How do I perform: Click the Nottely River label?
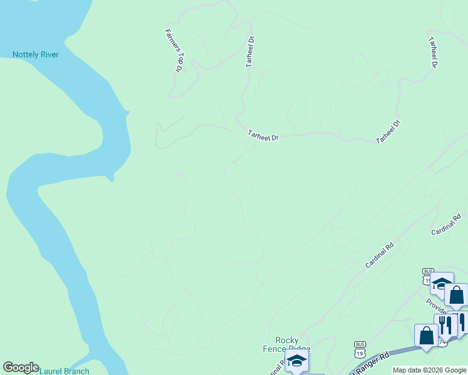point(36,55)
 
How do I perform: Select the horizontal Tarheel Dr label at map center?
point(263,135)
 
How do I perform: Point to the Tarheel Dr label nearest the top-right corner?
point(432,52)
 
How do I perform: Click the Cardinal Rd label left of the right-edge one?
point(379,256)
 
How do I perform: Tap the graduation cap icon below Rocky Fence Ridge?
point(297,361)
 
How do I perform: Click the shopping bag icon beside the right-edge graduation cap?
point(456,296)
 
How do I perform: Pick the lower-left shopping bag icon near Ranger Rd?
point(427,336)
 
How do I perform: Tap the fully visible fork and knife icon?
point(445,325)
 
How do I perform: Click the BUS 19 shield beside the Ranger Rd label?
point(360,349)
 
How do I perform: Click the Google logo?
point(21,367)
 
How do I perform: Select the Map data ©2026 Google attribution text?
point(429,370)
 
